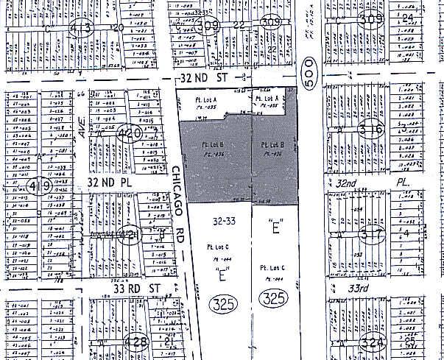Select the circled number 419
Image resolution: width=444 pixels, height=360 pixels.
tap(40, 186)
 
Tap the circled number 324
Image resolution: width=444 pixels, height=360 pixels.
tap(376, 344)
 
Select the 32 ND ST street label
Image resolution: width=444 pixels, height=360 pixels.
tap(205, 77)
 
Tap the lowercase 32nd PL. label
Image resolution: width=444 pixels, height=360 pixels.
tap(378, 180)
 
